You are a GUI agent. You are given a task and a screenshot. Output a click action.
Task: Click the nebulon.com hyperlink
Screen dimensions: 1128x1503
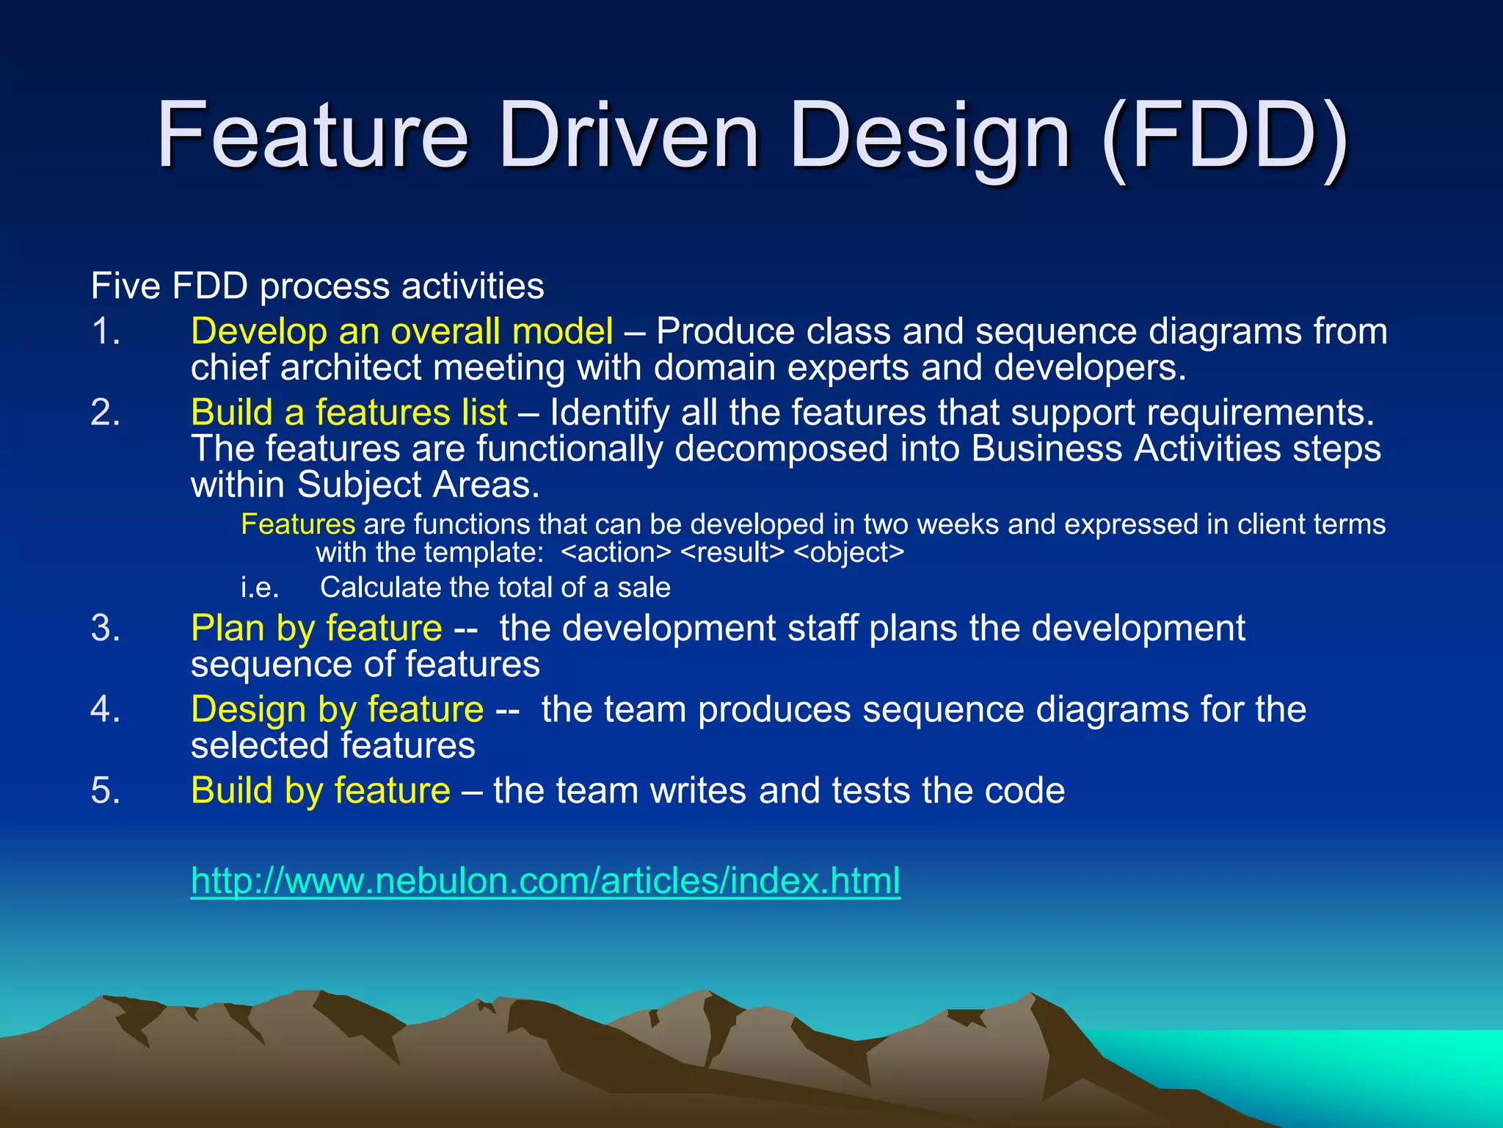click(x=545, y=880)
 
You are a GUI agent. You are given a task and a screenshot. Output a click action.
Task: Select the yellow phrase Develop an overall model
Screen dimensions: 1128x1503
click(x=401, y=331)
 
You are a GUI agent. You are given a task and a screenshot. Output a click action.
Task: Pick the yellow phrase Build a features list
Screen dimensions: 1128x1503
click(x=349, y=412)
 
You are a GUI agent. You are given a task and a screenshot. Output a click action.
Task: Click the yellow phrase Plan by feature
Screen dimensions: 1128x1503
click(x=316, y=628)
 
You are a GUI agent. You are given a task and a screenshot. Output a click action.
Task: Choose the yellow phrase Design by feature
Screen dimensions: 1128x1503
click(x=337, y=709)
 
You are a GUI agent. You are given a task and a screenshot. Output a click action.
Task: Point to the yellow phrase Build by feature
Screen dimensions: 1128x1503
click(x=321, y=790)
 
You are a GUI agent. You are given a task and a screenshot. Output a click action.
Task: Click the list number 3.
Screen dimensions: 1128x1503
click(x=106, y=629)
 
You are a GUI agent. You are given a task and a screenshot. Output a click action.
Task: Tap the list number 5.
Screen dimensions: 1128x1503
click(x=106, y=791)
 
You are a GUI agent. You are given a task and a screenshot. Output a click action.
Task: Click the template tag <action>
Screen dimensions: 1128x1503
click(x=616, y=552)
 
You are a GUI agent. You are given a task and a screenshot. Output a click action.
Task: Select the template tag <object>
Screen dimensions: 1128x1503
click(x=849, y=552)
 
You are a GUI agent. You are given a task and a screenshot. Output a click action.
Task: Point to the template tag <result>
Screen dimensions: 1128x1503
click(x=732, y=552)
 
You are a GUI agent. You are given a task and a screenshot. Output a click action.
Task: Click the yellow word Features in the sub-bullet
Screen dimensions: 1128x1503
click(x=298, y=524)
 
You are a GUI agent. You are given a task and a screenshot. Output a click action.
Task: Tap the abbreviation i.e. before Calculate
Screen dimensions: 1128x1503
click(x=260, y=587)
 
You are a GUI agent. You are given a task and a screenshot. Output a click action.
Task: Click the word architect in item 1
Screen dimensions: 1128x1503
click(x=349, y=367)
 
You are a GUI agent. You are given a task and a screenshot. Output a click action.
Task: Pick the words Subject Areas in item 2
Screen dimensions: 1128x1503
click(x=418, y=485)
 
